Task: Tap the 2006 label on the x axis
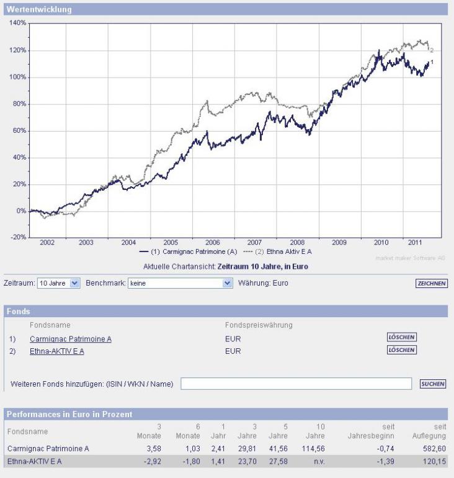point(212,243)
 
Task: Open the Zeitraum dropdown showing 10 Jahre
point(59,283)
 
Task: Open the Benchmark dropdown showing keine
point(180,283)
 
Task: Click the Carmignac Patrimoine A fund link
point(71,338)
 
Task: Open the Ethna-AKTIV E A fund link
point(57,351)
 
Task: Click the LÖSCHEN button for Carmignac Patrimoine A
point(401,338)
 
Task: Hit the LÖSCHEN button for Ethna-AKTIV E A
point(401,350)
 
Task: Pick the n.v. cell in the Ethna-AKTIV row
point(313,461)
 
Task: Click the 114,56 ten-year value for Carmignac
point(308,448)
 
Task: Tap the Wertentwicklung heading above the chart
point(39,10)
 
